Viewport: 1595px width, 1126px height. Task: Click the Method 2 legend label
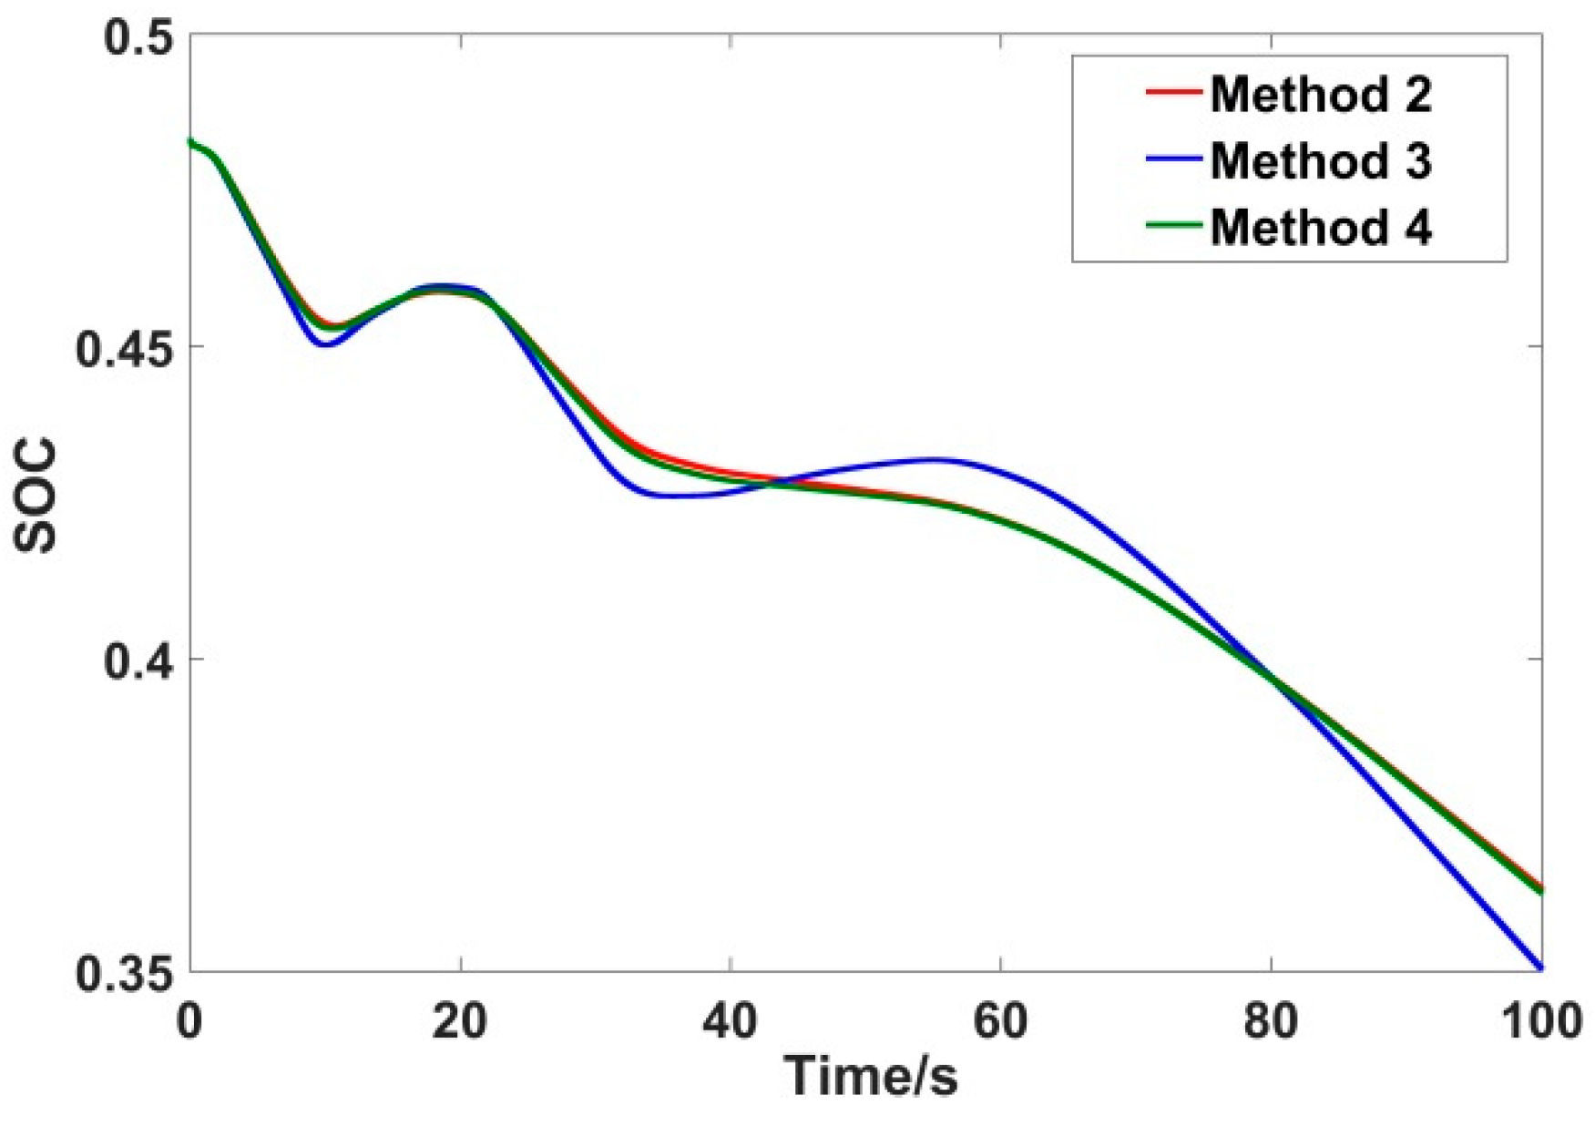[1320, 94]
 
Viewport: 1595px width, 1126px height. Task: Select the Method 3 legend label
[1320, 160]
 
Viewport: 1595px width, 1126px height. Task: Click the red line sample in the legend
[1173, 92]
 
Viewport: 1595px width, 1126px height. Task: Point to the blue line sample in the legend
[1173, 159]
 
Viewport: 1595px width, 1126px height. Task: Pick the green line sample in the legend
[1173, 225]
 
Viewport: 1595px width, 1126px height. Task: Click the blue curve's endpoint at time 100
[1539, 967]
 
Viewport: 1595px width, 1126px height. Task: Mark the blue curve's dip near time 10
[325, 344]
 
